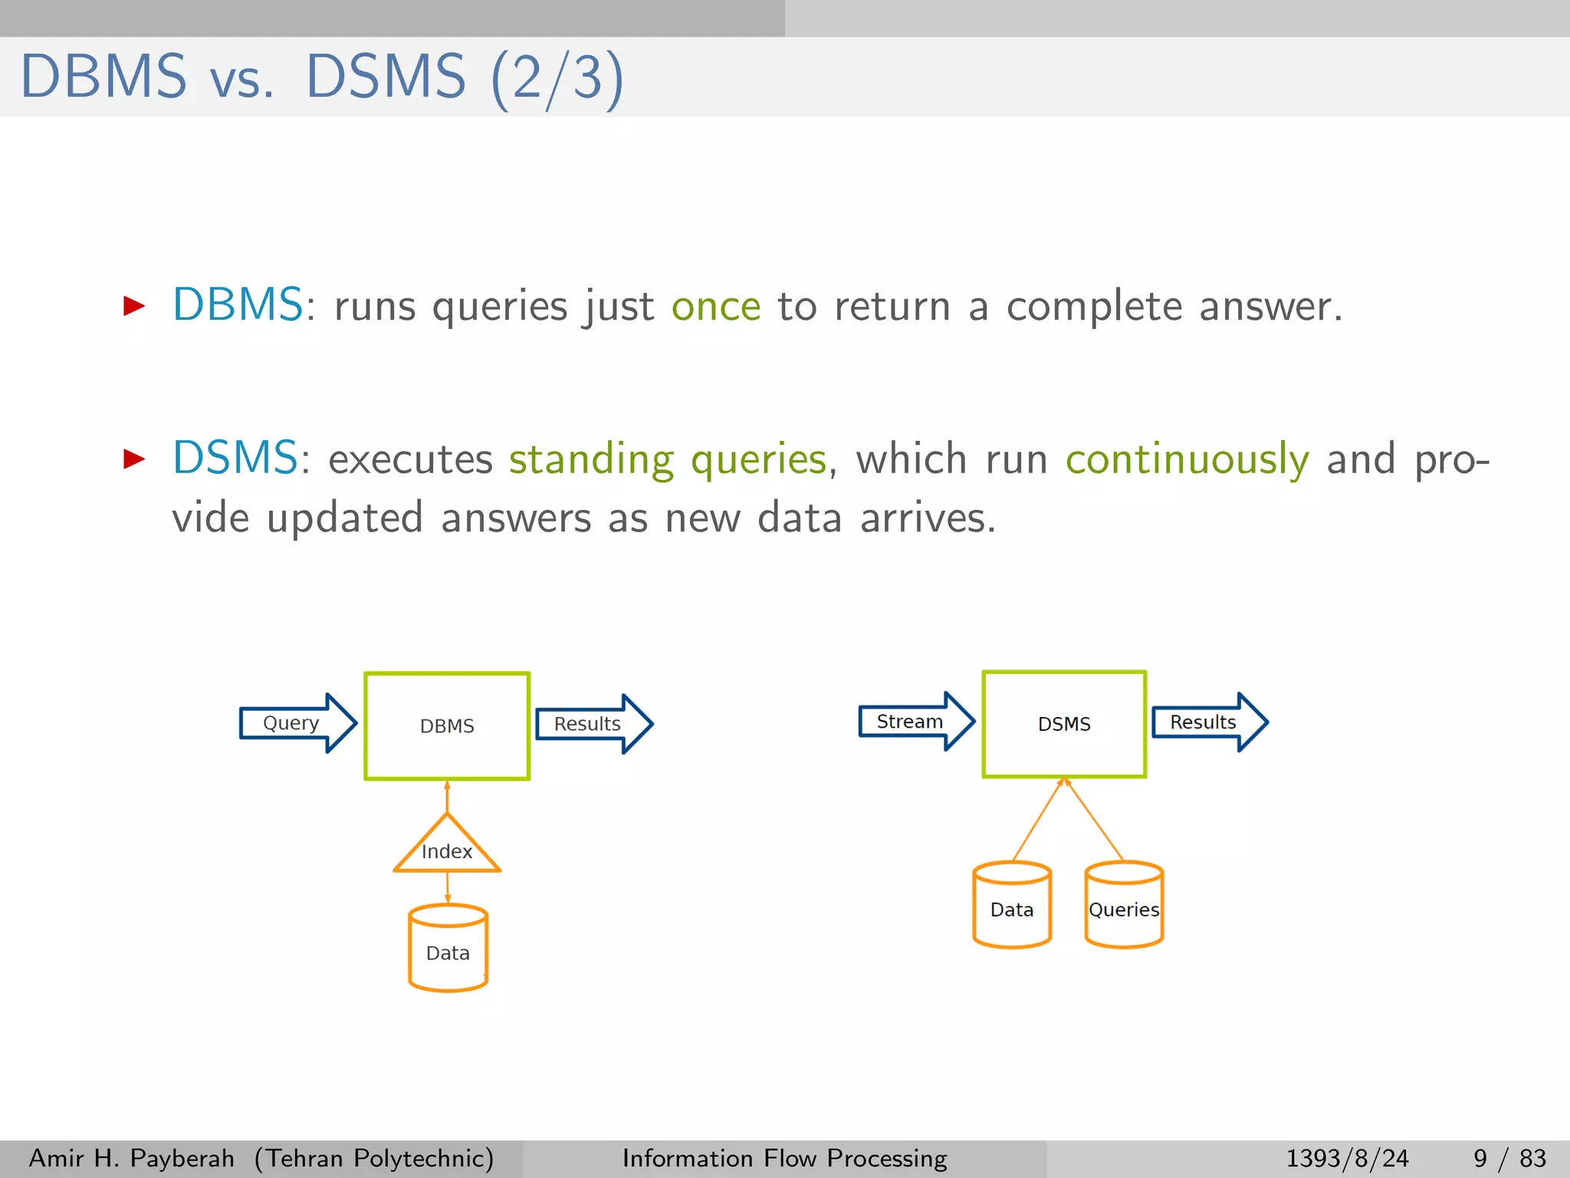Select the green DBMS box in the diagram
[447, 726]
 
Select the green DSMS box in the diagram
[1064, 724]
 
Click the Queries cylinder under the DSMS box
[1124, 907]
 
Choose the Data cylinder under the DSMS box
[1012, 907]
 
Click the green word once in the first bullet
[716, 307]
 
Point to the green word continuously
[1187, 460]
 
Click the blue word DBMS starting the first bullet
[238, 304]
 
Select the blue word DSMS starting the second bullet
[235, 458]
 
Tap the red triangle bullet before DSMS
[134, 459]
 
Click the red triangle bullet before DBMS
[134, 306]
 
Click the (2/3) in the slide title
[557, 77]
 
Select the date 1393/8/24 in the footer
[1347, 1158]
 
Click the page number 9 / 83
[1509, 1158]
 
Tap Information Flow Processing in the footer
[784, 1158]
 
